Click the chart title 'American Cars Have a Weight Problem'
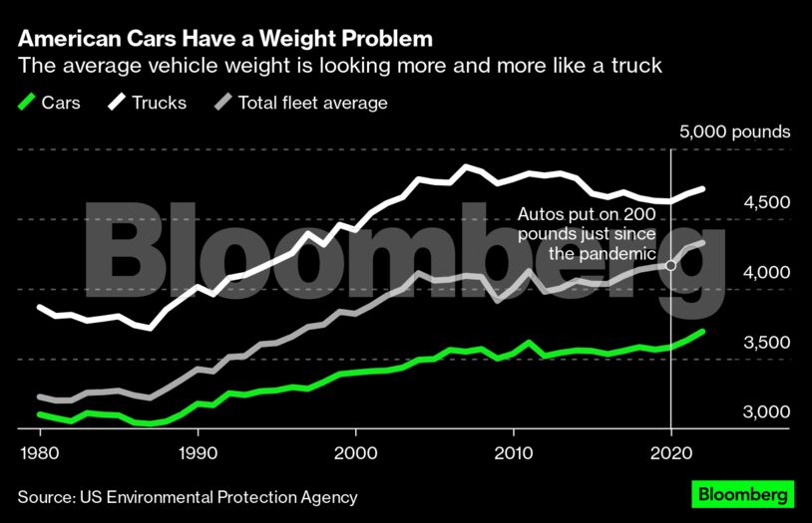[x=225, y=39]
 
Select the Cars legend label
[x=61, y=103]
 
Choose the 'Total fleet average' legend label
[x=312, y=103]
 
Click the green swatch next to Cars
[x=27, y=102]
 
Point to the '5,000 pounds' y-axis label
[x=734, y=131]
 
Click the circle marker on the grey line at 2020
[x=670, y=265]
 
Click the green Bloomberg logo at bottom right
[x=742, y=494]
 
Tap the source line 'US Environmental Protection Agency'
[x=187, y=496]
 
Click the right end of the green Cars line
[x=702, y=332]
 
